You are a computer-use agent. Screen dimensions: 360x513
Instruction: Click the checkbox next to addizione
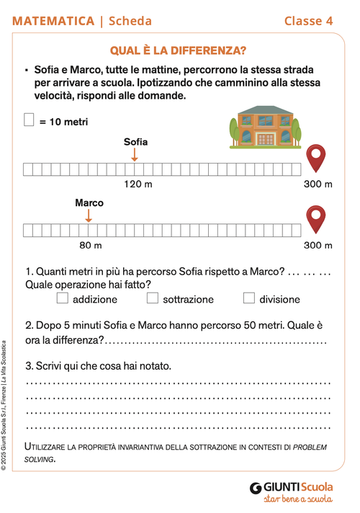click(63, 298)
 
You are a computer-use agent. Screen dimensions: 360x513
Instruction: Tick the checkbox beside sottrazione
click(153, 298)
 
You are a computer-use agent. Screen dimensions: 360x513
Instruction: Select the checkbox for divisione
click(249, 298)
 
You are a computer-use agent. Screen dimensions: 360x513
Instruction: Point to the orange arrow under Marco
click(89, 215)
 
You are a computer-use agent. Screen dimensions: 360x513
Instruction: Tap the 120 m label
click(138, 184)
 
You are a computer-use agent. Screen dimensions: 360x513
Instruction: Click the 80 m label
click(90, 246)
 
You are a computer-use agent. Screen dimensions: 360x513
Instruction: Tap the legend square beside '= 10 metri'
click(30, 120)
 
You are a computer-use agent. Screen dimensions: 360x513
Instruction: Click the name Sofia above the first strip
click(135, 141)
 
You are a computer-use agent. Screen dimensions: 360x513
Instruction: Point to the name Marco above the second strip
click(89, 202)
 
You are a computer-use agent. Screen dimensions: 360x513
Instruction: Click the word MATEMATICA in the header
click(53, 21)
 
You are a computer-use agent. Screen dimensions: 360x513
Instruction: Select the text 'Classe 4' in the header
click(308, 21)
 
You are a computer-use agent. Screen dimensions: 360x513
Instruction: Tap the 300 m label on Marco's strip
click(318, 246)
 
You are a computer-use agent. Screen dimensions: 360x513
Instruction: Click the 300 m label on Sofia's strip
click(318, 184)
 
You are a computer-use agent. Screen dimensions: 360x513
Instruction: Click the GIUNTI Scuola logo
click(292, 487)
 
